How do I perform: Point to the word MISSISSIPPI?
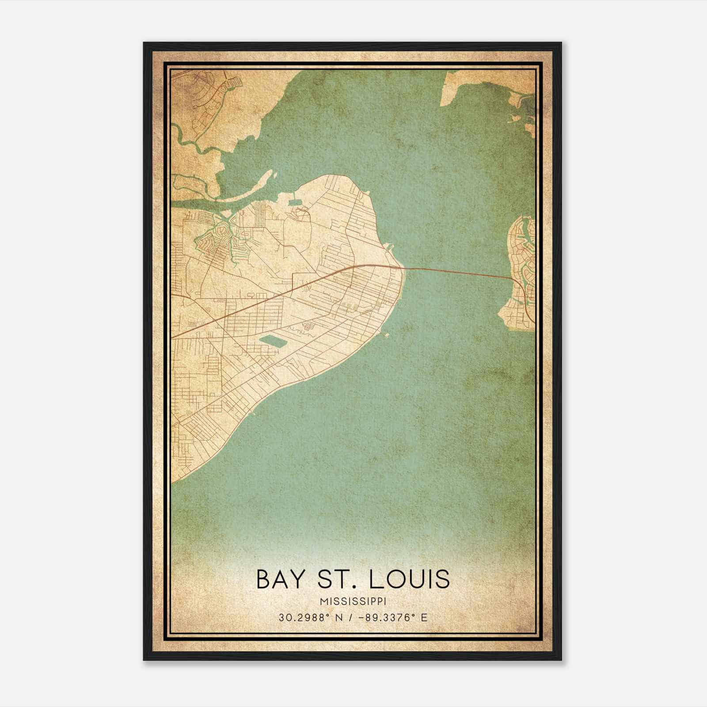353,601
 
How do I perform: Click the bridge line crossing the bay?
460,271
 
